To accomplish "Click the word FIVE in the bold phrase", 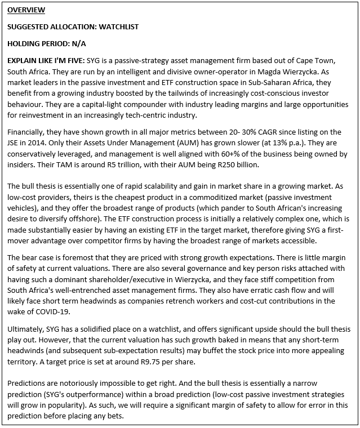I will click(x=74, y=60).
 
